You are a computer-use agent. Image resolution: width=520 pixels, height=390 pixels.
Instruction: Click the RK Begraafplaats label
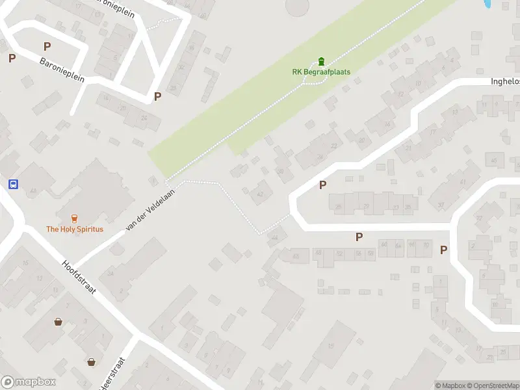pyautogui.click(x=320, y=71)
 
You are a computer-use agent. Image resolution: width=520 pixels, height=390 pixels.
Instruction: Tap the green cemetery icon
pyautogui.click(x=321, y=62)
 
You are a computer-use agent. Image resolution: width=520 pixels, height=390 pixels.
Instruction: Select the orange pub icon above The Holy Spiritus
pyautogui.click(x=74, y=218)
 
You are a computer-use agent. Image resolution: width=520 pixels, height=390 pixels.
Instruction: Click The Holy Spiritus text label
pyautogui.click(x=74, y=229)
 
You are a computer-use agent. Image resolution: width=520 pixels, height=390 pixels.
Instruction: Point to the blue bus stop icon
pyautogui.click(x=13, y=184)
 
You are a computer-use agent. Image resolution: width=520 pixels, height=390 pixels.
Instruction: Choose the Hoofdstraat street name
pyautogui.click(x=79, y=278)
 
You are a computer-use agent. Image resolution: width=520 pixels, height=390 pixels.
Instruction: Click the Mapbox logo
pyautogui.click(x=27, y=382)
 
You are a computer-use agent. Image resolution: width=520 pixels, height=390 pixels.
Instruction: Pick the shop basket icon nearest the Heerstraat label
pyautogui.click(x=92, y=361)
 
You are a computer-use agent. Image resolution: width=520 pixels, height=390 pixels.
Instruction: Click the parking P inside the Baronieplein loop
pyautogui.click(x=47, y=46)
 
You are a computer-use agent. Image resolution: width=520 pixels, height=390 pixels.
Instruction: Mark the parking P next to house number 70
pyautogui.click(x=444, y=250)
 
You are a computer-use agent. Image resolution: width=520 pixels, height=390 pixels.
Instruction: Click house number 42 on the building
pyautogui.click(x=261, y=194)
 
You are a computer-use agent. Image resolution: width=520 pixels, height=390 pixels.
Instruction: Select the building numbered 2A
pyautogui.click(x=111, y=274)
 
